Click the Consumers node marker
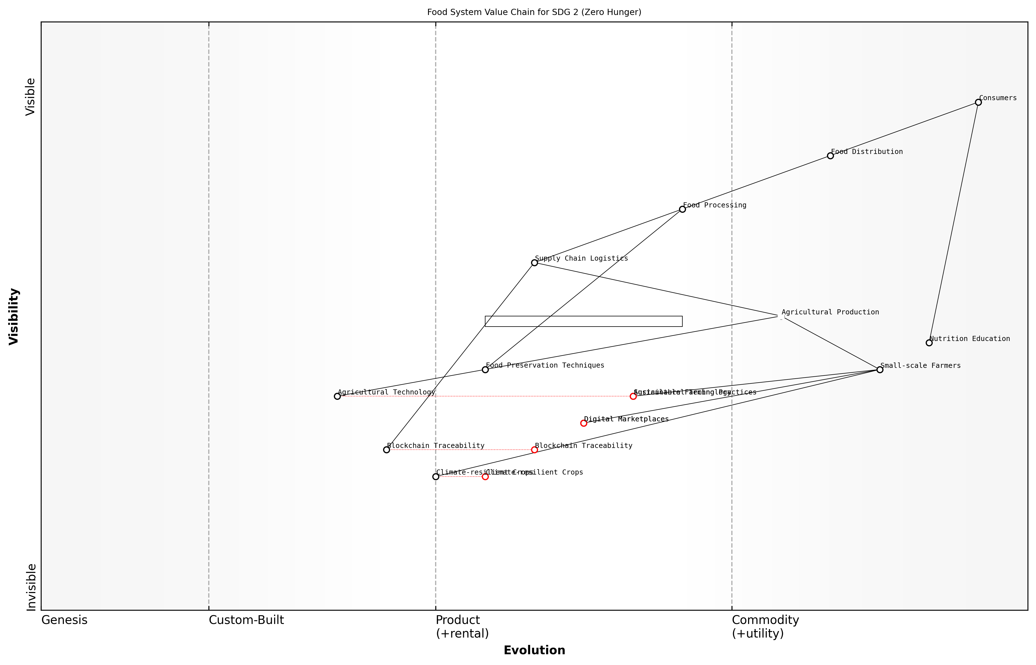(x=978, y=102)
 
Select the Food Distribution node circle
(x=830, y=156)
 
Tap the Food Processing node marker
(x=682, y=209)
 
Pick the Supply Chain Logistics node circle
(x=534, y=263)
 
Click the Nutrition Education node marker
(x=929, y=343)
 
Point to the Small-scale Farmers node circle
(x=880, y=370)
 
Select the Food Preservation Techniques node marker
(x=485, y=370)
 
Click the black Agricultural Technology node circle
(x=337, y=396)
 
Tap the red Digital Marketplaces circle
(x=584, y=423)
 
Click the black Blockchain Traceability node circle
(x=386, y=450)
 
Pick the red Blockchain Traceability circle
(x=534, y=450)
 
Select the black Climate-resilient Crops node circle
(x=436, y=477)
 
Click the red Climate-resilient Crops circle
(x=485, y=477)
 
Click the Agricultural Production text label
(x=830, y=312)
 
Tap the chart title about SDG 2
(x=534, y=12)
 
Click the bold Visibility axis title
(x=14, y=317)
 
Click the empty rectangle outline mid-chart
(x=584, y=321)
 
